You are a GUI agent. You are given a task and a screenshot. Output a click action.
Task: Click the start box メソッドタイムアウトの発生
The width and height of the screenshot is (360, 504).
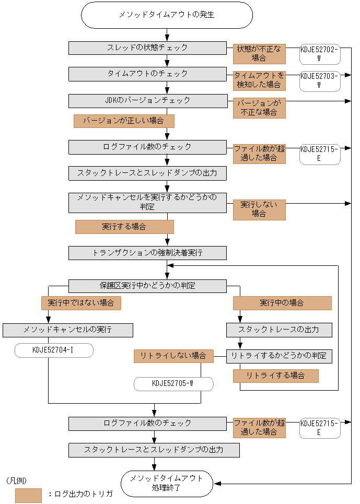(x=167, y=15)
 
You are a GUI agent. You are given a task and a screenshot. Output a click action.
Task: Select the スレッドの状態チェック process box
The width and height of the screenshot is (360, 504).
(x=147, y=48)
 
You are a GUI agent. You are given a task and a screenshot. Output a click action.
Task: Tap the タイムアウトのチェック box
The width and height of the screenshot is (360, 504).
(x=147, y=74)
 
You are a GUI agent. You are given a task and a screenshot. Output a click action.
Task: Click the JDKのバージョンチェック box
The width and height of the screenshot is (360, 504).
(x=148, y=101)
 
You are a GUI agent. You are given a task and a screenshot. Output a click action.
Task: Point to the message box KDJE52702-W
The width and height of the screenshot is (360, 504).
(x=320, y=54)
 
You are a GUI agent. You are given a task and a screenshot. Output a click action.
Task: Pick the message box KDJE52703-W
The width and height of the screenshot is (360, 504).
(x=320, y=81)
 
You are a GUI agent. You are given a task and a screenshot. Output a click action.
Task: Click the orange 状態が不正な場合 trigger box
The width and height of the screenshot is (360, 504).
(x=259, y=54)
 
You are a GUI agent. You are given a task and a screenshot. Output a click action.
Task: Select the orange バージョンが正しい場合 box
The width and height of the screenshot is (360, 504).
(x=124, y=121)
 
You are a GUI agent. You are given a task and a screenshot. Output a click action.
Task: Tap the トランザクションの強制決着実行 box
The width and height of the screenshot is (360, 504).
(x=147, y=253)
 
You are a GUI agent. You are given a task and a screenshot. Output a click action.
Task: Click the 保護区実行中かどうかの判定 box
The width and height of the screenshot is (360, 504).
(x=147, y=286)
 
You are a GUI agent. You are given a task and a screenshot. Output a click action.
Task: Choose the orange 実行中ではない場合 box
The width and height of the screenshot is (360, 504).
(x=81, y=303)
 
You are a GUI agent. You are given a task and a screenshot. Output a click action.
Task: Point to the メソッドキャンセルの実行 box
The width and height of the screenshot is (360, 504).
(x=68, y=330)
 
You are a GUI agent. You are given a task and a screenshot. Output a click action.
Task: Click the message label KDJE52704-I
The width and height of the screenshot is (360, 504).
(x=54, y=350)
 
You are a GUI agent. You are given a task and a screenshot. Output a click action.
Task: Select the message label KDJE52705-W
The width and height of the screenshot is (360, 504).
(x=173, y=384)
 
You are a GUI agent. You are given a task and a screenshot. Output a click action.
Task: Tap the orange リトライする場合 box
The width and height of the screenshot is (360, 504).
(x=276, y=376)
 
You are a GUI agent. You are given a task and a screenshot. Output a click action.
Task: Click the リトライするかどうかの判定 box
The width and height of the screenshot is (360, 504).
(x=279, y=357)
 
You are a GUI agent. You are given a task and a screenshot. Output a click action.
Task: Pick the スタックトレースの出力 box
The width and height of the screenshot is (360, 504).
(x=279, y=330)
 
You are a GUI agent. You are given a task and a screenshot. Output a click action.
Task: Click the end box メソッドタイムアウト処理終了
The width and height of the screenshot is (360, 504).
(x=167, y=484)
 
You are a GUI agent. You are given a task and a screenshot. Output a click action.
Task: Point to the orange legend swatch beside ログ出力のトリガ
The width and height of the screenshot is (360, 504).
(x=28, y=495)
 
